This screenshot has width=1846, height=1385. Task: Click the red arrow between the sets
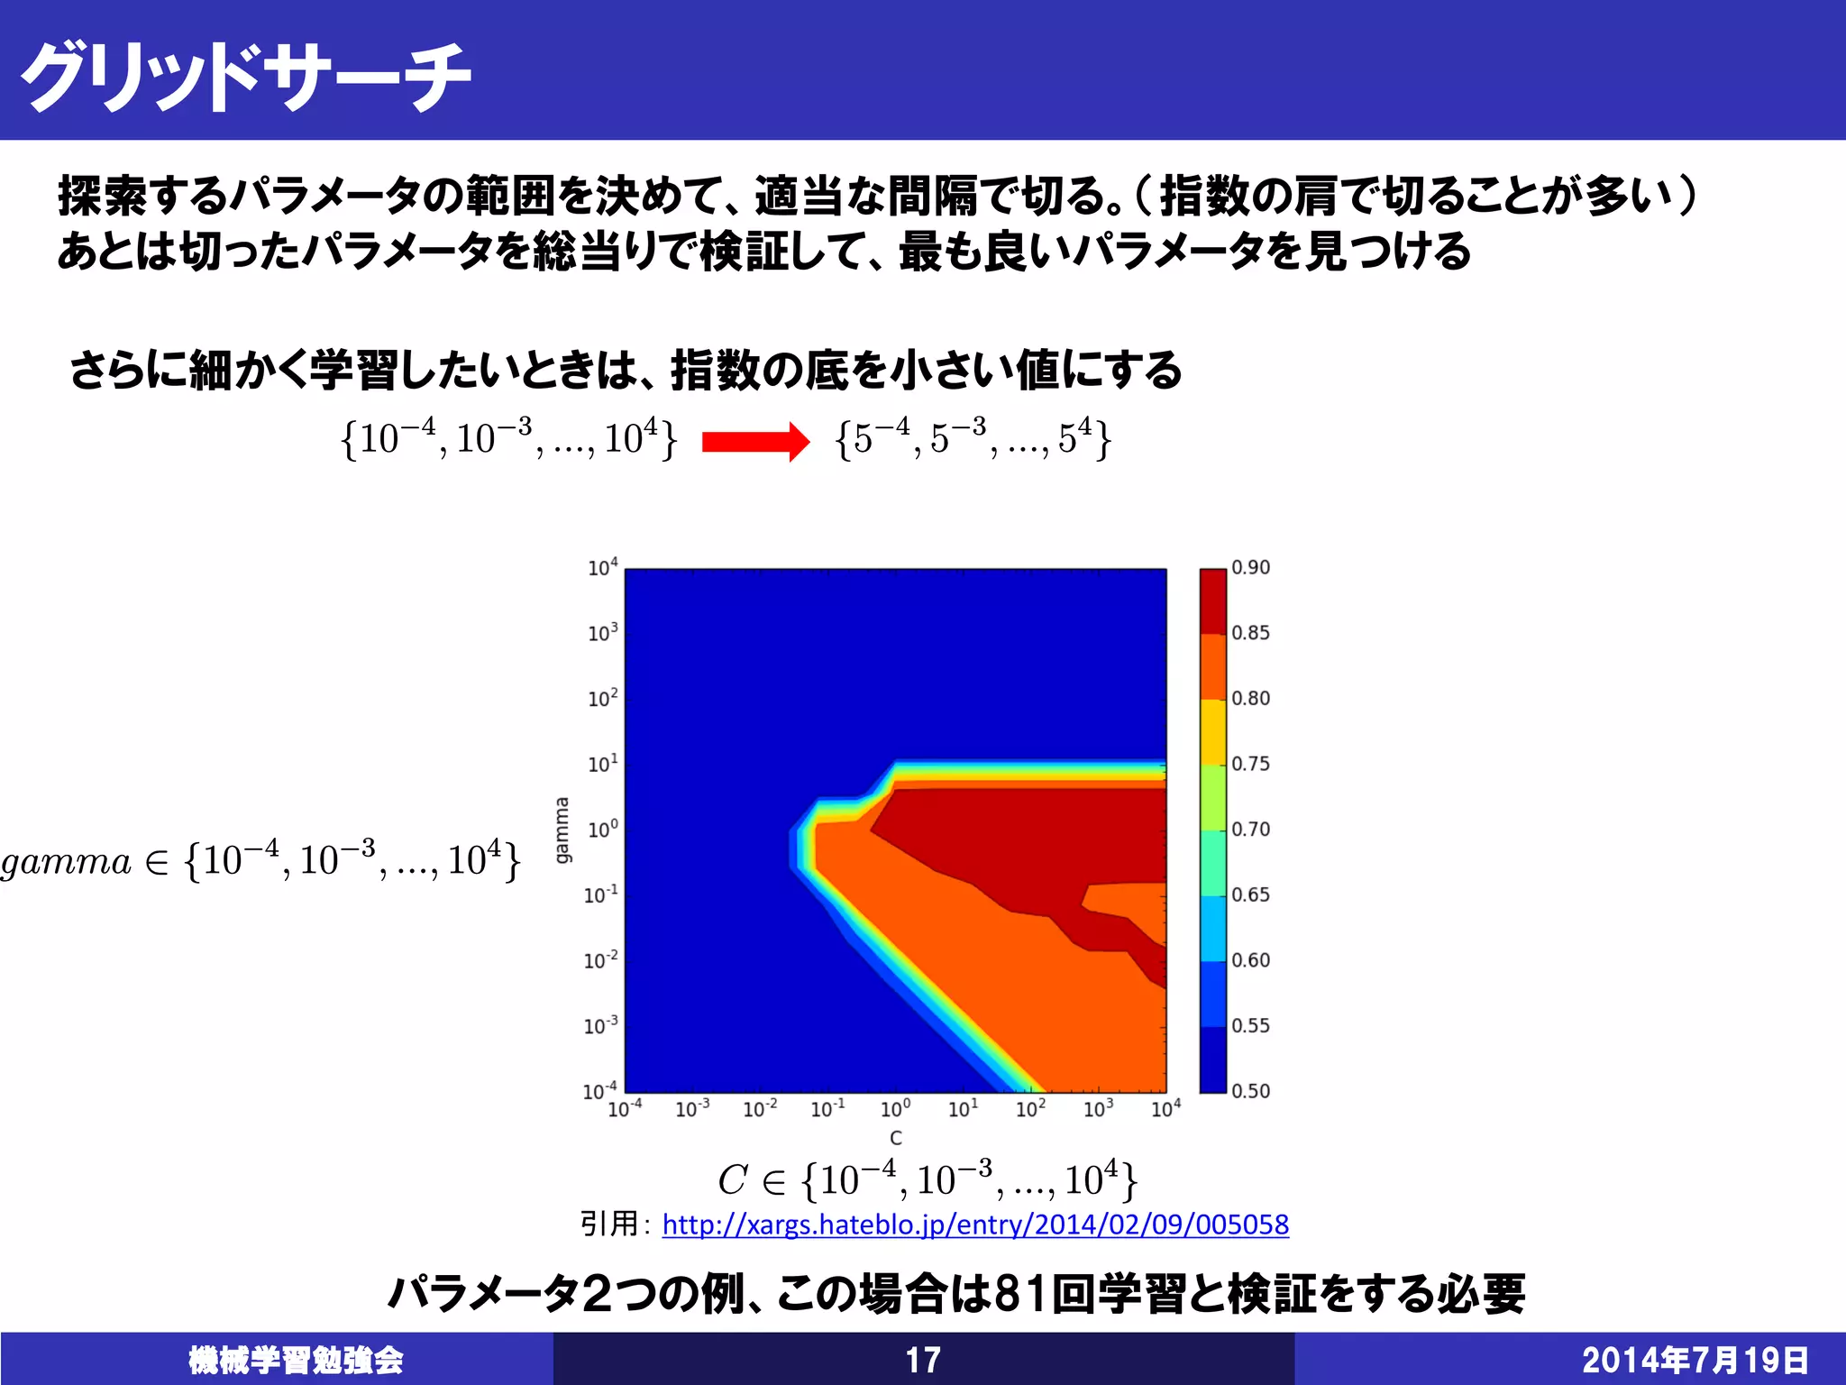point(755,442)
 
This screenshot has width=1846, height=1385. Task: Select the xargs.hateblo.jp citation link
point(975,1224)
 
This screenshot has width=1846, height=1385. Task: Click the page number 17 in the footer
point(923,1360)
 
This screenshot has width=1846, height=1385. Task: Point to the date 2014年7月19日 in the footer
point(1695,1360)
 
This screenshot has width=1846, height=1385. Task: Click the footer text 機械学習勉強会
point(296,1360)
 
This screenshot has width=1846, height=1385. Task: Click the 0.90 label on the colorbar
point(1250,568)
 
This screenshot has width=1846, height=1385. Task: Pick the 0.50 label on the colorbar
point(1250,1091)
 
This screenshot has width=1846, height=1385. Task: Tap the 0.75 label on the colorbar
point(1250,764)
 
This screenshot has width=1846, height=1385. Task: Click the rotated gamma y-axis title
point(562,830)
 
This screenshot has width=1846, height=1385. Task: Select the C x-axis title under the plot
point(895,1138)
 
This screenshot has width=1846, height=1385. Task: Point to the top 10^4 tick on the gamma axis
point(602,567)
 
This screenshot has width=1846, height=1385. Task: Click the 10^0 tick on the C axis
point(895,1108)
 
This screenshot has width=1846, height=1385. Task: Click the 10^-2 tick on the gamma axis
point(600,959)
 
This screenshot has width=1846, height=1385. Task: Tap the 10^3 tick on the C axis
point(1098,1108)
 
